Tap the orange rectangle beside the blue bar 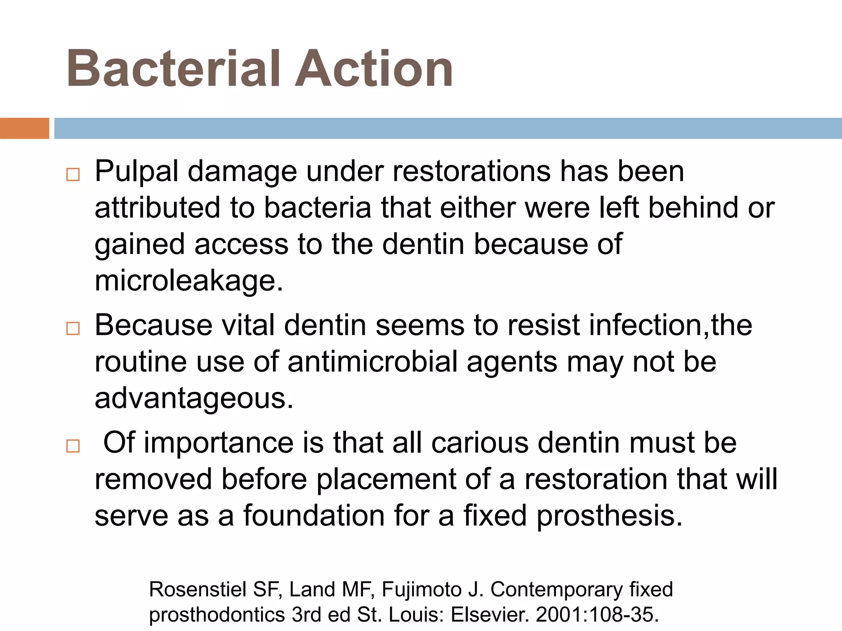24,128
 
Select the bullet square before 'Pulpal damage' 73,175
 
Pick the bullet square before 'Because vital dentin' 73,328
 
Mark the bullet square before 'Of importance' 73,446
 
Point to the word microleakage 189,281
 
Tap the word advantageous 194,398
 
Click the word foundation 314,516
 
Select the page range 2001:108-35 597,615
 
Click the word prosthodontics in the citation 217,615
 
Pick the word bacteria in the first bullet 317,208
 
